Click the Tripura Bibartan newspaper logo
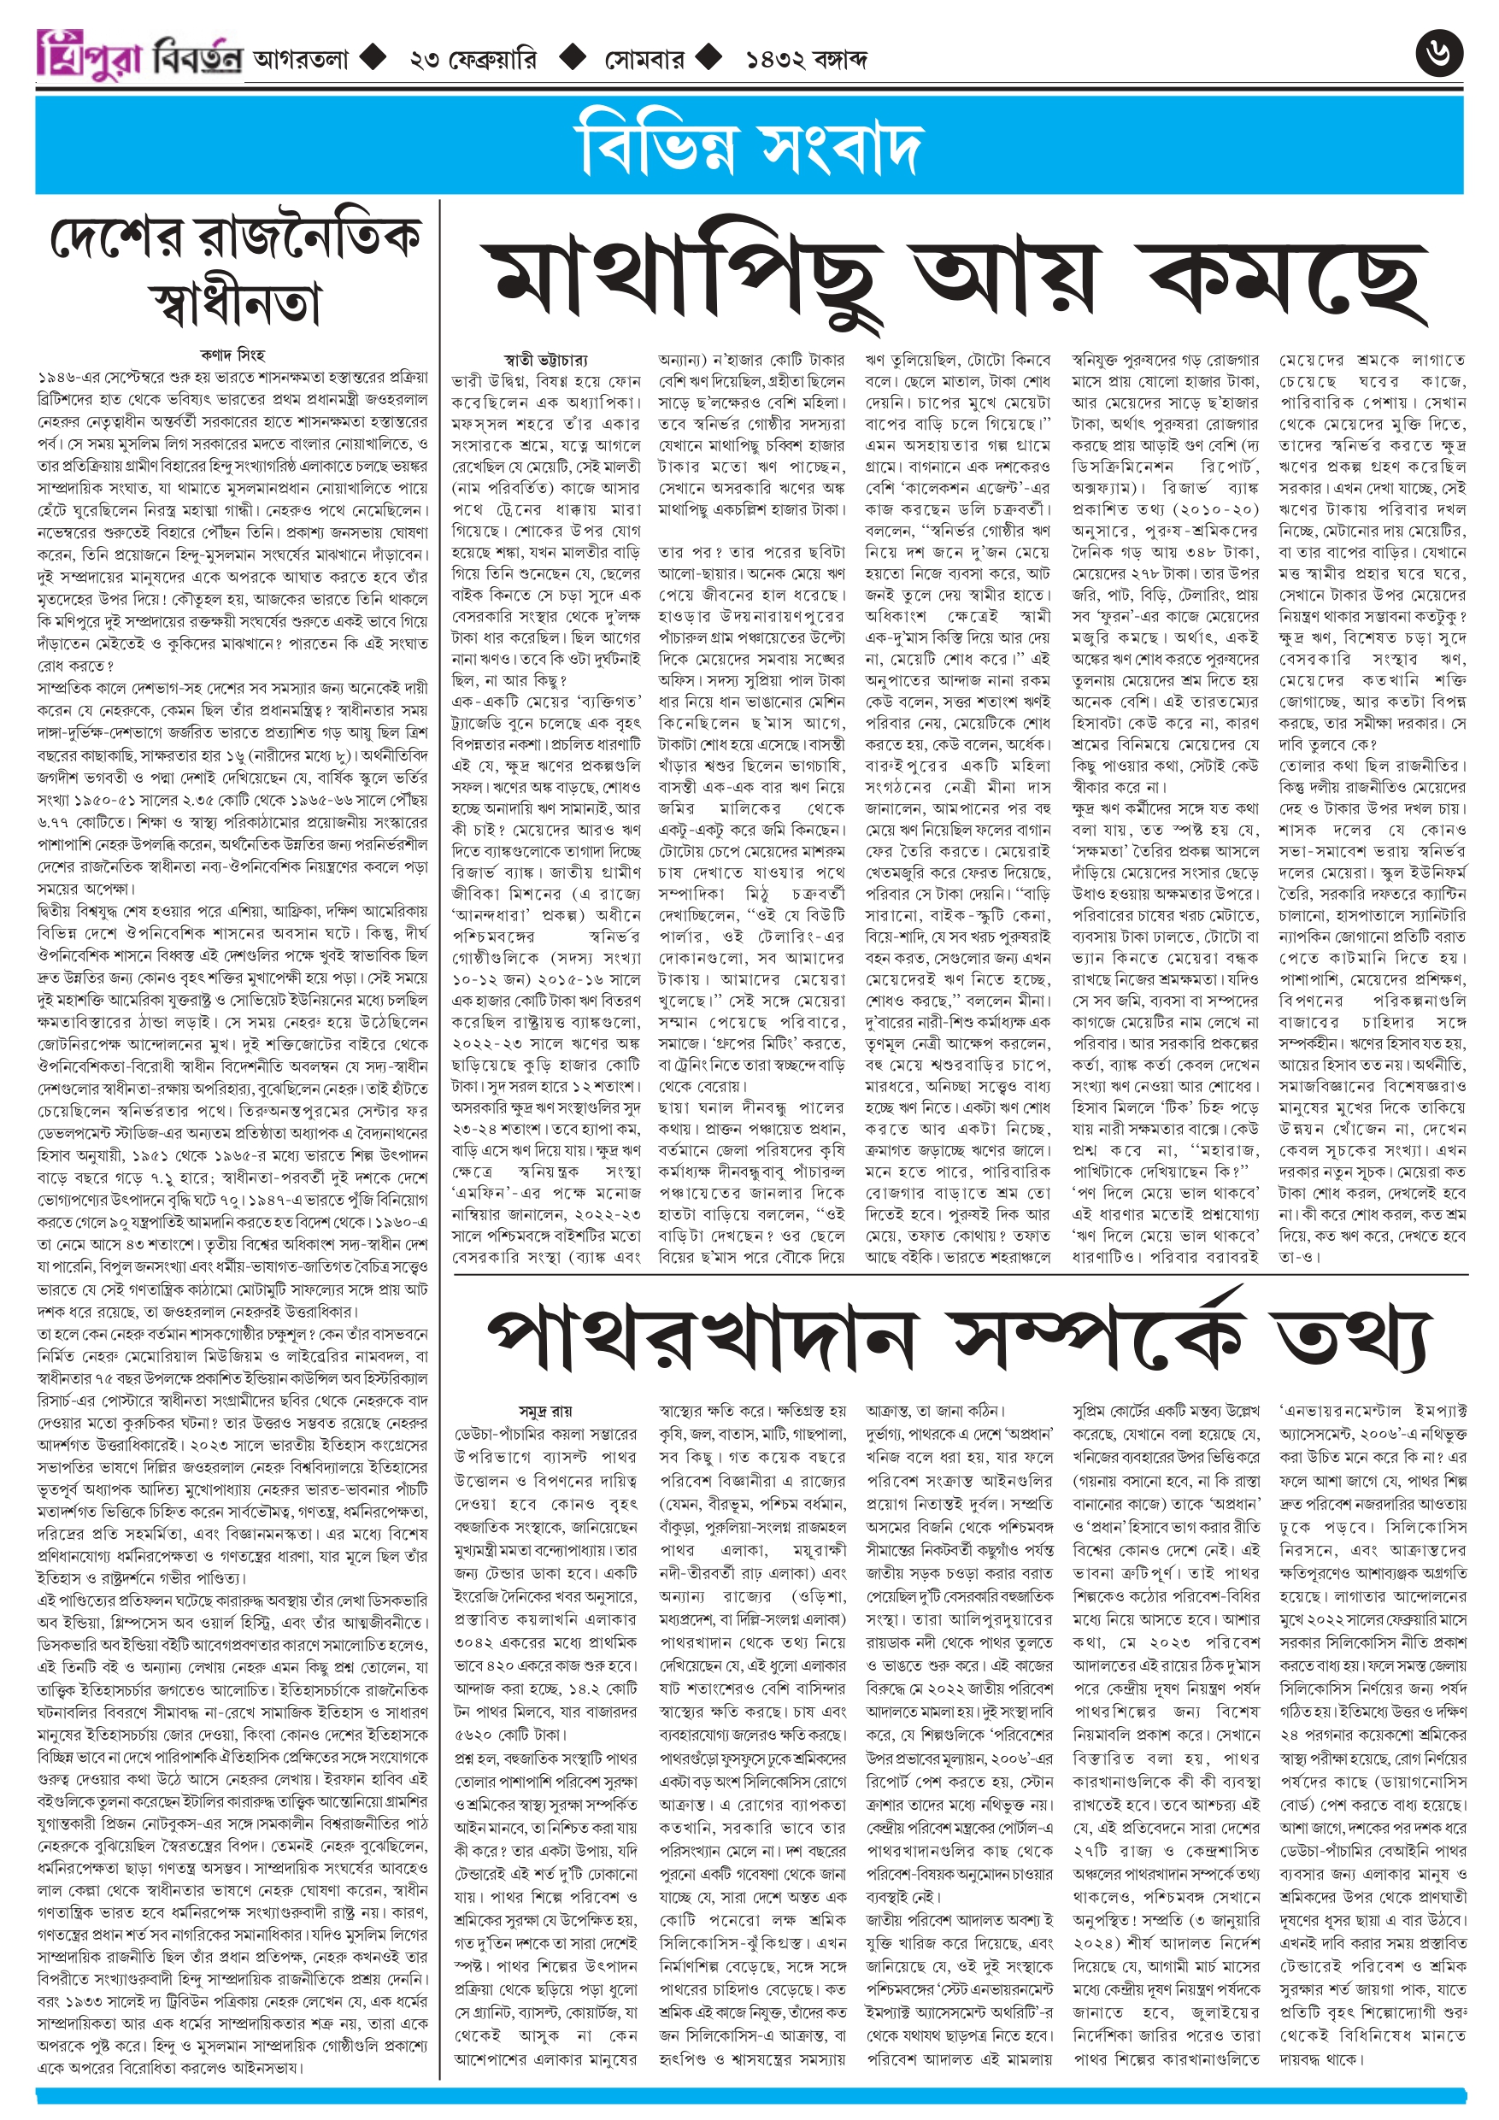point(139,56)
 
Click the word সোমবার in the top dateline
point(644,60)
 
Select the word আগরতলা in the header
point(301,60)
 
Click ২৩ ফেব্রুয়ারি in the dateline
point(472,60)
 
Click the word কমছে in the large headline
point(1283,278)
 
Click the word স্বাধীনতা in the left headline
point(235,302)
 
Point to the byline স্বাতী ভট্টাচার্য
point(546,359)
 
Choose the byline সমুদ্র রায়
point(546,1411)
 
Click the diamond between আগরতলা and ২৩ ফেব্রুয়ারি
point(373,58)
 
